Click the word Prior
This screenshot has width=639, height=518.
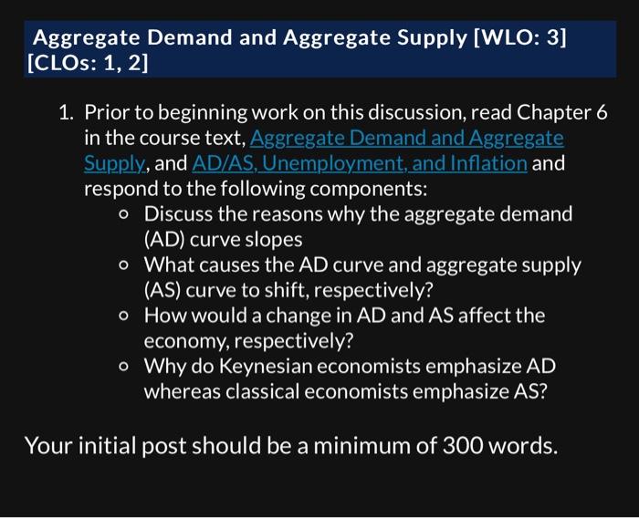pos(107,113)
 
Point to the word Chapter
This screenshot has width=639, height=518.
pos(554,113)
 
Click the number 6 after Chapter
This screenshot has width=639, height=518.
pos(602,113)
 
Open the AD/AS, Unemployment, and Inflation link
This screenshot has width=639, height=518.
pos(360,164)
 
